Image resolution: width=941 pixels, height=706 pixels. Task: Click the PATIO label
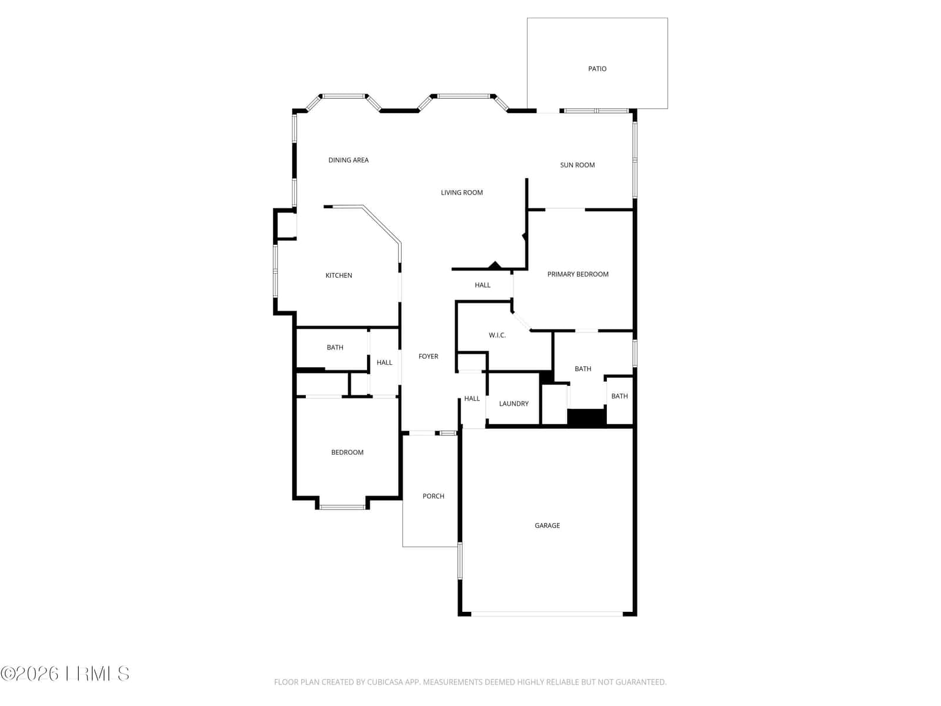[597, 69]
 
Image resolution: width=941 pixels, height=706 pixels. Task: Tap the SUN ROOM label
[577, 165]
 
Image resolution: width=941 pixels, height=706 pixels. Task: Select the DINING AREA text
[348, 160]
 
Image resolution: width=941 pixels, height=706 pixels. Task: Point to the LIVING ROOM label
[462, 192]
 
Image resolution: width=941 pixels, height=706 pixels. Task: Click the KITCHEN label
[339, 275]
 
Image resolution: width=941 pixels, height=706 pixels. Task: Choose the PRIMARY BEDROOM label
[578, 274]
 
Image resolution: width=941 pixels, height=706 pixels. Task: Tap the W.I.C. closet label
[497, 335]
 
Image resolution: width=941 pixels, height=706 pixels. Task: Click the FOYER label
[428, 356]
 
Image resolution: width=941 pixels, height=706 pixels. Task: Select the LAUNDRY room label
[513, 404]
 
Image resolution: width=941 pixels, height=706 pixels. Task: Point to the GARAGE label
[547, 525]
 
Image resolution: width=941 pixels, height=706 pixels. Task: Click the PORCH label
[433, 496]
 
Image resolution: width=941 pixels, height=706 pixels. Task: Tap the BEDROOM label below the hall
[347, 452]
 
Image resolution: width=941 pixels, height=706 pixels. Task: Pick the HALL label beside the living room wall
[482, 285]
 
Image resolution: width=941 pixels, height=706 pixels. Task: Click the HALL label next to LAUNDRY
[472, 398]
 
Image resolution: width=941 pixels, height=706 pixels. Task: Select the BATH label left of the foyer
[335, 347]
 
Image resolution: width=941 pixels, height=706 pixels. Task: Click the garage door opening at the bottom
[546, 614]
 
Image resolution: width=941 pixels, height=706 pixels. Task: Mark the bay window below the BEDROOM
[342, 507]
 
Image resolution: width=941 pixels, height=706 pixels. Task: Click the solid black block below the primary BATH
[586, 417]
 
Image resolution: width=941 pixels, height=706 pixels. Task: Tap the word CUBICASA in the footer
[385, 682]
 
